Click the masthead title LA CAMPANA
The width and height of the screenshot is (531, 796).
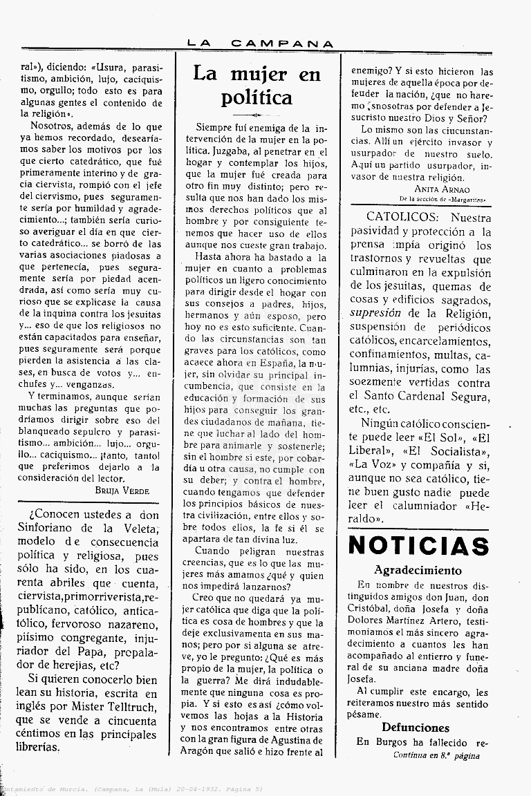261,43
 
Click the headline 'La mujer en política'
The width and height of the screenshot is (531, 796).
257,85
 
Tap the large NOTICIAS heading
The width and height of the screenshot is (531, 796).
419,545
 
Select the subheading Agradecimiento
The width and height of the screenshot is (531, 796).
418,570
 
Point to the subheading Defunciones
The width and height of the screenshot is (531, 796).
416,728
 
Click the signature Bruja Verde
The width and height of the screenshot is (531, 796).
122,491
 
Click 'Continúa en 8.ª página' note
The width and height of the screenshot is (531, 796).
436,755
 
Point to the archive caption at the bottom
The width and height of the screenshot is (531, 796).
131,788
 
